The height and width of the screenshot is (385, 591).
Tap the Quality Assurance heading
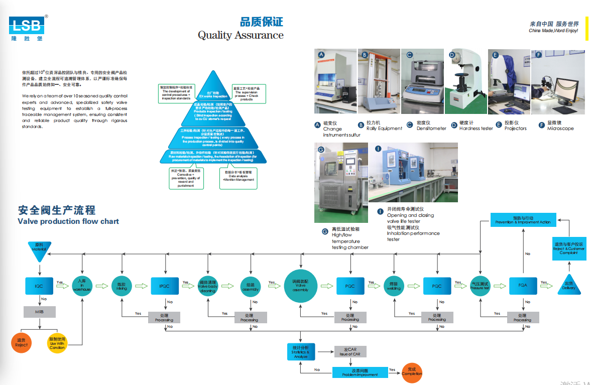pyautogui.click(x=241, y=35)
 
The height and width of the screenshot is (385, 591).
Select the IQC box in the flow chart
pyautogui.click(x=39, y=286)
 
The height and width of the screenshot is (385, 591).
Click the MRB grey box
pyautogui.click(x=39, y=312)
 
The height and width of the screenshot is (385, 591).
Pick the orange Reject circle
pyautogui.click(x=21, y=343)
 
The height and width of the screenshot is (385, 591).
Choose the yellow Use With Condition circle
pyautogui.click(x=57, y=343)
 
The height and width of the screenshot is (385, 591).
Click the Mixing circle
pyautogui.click(x=122, y=286)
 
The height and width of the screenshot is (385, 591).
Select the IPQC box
pyautogui.click(x=164, y=286)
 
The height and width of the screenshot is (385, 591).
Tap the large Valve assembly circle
pyautogui.click(x=300, y=286)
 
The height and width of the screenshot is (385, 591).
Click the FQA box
pyautogui.click(x=522, y=285)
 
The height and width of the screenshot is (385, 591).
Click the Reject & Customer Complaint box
pyautogui.click(x=568, y=248)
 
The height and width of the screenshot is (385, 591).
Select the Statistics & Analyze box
pyautogui.click(x=300, y=351)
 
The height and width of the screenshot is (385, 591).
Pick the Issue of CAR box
pyautogui.click(x=349, y=351)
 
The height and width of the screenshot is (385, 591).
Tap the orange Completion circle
pyautogui.click(x=412, y=372)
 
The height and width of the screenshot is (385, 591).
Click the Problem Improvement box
pyautogui.click(x=360, y=372)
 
